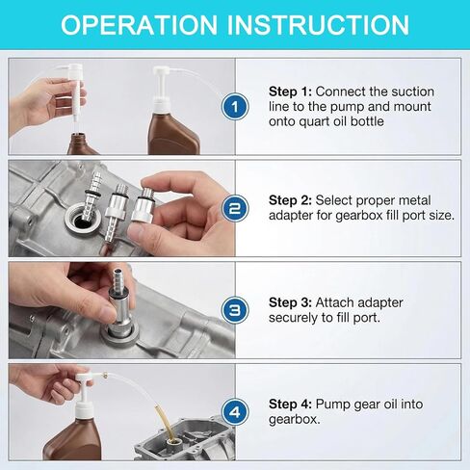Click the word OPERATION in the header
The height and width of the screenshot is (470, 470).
tap(139, 25)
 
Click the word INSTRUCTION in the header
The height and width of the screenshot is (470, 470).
tap(318, 25)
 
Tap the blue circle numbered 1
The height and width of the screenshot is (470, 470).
tap(235, 106)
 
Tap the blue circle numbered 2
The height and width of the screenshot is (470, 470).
tap(235, 208)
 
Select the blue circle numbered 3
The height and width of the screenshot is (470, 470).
tap(235, 310)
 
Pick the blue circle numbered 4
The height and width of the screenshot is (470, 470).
tap(235, 412)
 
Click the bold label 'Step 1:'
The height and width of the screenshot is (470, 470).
tap(290, 91)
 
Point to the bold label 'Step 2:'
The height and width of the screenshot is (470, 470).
tap(290, 200)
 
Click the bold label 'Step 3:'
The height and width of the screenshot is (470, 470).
tap(290, 302)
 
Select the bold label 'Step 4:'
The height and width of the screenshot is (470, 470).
tap(290, 405)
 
